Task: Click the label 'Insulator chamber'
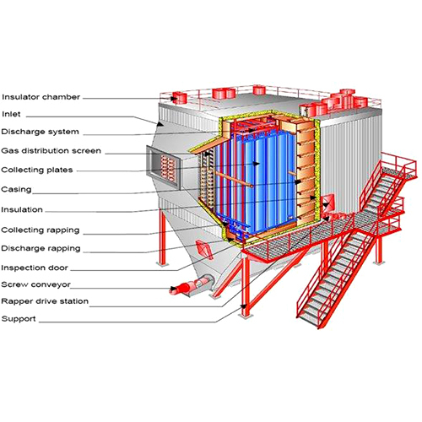point(41,97)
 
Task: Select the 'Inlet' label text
point(12,114)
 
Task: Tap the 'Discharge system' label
point(40,132)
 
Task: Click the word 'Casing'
point(17,190)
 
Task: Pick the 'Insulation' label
point(22,209)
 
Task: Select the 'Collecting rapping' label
point(41,230)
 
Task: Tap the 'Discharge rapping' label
point(41,248)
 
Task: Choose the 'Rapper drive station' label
point(45,301)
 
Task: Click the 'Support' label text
point(19,319)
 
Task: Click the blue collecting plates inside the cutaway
point(253,173)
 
